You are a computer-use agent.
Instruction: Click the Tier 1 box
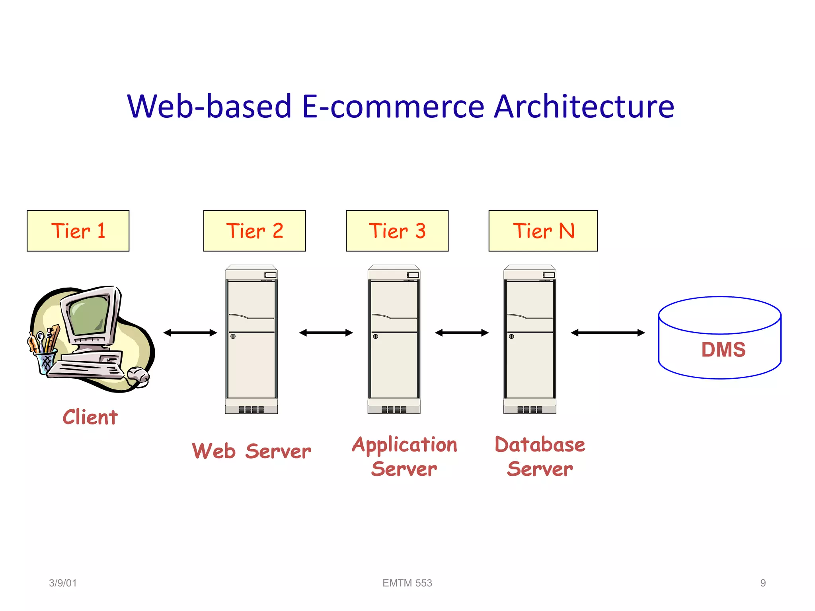coord(78,231)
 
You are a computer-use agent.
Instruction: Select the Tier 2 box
coord(255,231)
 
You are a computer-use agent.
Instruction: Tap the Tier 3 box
coord(397,231)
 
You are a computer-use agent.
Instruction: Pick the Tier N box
coord(543,231)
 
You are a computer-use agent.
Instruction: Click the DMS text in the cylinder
coord(723,350)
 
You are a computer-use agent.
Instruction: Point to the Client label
coord(90,417)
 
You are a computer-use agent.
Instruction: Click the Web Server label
coord(252,451)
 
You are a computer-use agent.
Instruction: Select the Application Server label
coord(404,456)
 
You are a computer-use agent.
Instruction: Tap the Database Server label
coord(540,456)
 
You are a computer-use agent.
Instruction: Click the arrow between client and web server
coord(190,333)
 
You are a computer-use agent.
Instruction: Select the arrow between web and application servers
coord(326,333)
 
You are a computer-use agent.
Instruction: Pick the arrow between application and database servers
coord(462,333)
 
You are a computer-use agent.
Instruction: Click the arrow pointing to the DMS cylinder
coord(608,333)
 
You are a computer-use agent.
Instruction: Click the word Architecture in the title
coord(584,106)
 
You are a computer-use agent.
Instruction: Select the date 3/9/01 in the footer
coord(62,583)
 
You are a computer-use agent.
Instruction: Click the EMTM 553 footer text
coord(407,583)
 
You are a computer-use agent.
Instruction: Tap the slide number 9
coord(763,583)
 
